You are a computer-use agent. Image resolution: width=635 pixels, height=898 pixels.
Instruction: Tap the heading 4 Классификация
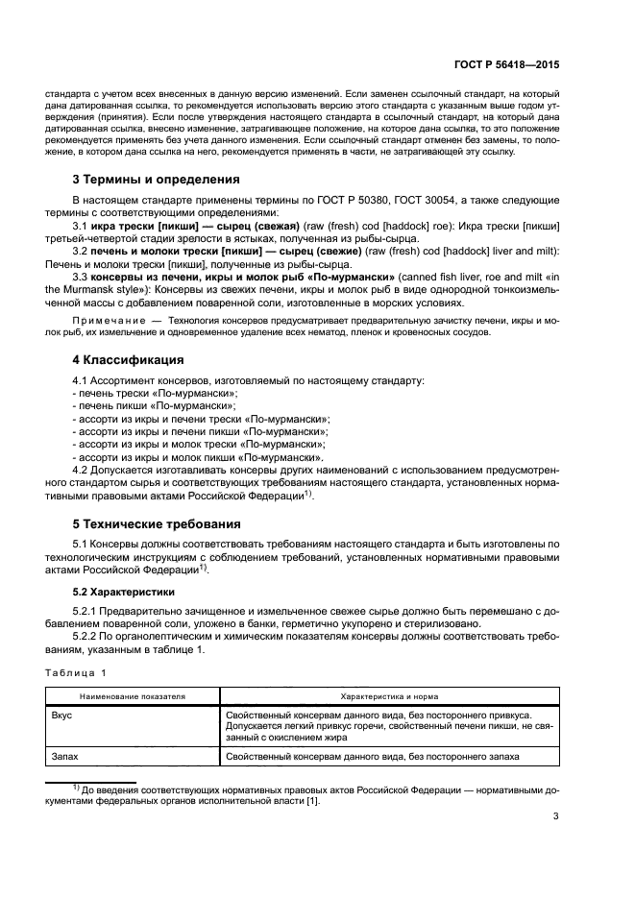129,360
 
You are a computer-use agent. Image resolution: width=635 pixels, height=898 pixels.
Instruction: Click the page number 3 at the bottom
556,817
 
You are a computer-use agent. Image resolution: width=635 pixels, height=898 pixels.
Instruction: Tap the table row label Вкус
63,716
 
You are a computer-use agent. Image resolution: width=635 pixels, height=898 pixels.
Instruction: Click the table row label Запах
66,758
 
